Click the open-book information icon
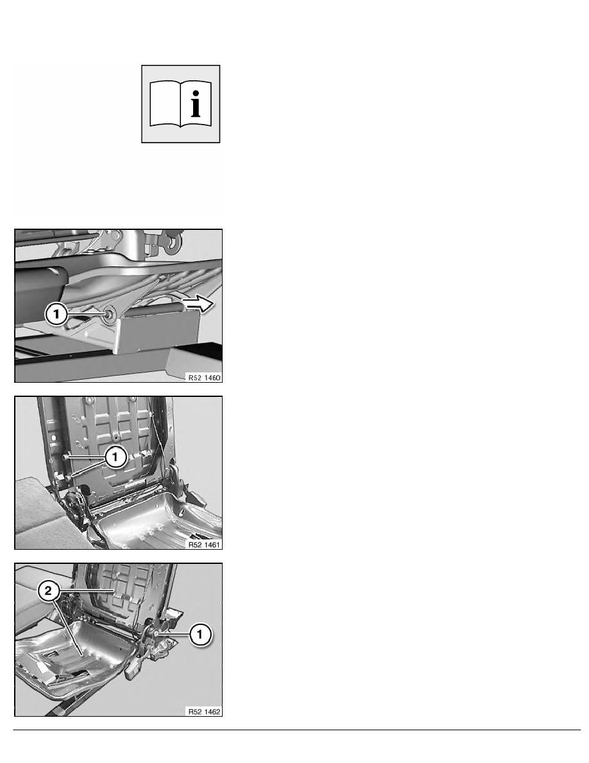click(x=180, y=103)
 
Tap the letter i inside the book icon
click(x=195, y=103)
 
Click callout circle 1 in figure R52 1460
click(x=56, y=314)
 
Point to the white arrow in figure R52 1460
click(x=198, y=304)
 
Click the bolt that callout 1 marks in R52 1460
click(x=108, y=315)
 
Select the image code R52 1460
click(x=204, y=378)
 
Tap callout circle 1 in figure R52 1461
click(x=115, y=457)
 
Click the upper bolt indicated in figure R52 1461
click(x=65, y=457)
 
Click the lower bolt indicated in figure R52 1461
click(x=69, y=477)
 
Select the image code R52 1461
click(x=204, y=545)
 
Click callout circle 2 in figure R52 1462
click(x=48, y=592)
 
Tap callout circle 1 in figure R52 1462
click(x=200, y=634)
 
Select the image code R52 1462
click(x=204, y=712)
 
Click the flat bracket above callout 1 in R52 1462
click(x=175, y=615)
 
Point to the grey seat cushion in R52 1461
click(x=39, y=511)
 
